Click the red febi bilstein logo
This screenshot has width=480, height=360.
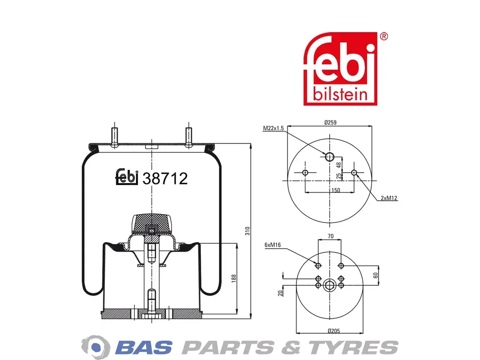click(x=340, y=69)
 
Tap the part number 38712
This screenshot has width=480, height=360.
click(x=165, y=179)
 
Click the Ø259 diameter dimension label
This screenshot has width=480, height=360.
click(x=330, y=123)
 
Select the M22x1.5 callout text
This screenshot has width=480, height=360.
click(x=273, y=128)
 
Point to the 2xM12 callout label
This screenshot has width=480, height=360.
click(x=389, y=198)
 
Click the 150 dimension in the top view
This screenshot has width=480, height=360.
click(x=336, y=190)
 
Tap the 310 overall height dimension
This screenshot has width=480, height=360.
click(x=247, y=231)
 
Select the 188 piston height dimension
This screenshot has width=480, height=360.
click(x=234, y=278)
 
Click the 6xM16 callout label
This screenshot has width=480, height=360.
click(x=273, y=245)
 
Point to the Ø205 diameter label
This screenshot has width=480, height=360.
click(x=334, y=331)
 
